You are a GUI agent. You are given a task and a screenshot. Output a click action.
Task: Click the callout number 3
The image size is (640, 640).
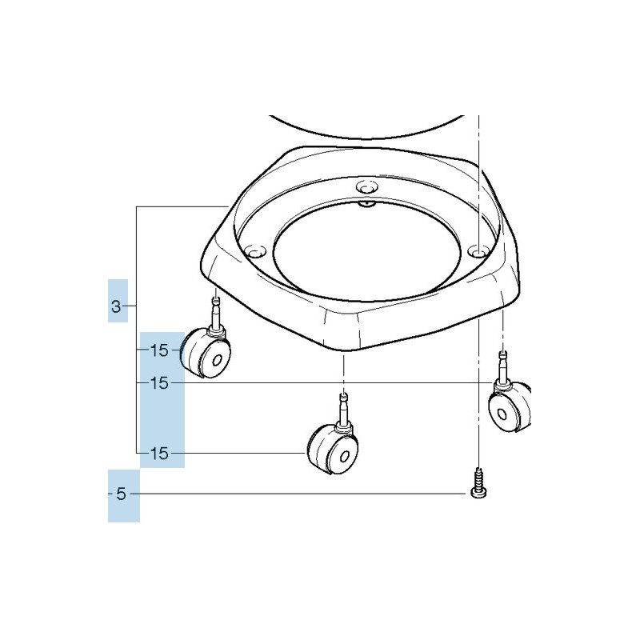(x=116, y=306)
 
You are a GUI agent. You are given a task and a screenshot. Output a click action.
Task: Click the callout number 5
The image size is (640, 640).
(x=122, y=494)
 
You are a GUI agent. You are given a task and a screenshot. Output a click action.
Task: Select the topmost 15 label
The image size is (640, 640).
(x=159, y=350)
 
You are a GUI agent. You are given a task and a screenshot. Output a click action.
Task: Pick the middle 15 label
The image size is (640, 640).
(x=159, y=383)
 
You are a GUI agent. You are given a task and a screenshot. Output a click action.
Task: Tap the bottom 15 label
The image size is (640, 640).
(x=159, y=453)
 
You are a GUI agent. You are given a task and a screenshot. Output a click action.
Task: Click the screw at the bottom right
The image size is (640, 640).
(x=478, y=483)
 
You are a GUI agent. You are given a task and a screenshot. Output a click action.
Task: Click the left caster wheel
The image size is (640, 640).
(x=206, y=353)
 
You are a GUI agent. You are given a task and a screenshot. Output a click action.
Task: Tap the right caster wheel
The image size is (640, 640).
(x=510, y=407)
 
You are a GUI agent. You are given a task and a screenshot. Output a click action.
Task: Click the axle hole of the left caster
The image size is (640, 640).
(x=218, y=361)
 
